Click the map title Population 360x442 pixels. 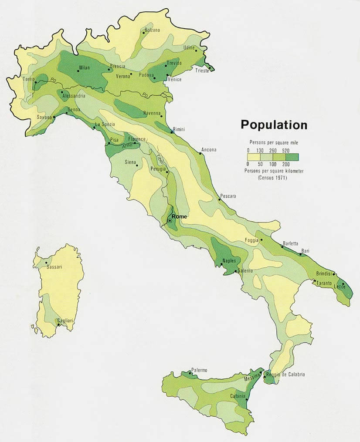[274, 125]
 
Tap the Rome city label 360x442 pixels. [179, 216]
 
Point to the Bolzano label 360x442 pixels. [152, 30]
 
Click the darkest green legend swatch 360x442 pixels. [292, 157]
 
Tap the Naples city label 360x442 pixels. [229, 261]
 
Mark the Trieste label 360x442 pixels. [202, 71]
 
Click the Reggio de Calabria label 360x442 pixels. [285, 375]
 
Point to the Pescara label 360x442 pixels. [228, 196]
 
